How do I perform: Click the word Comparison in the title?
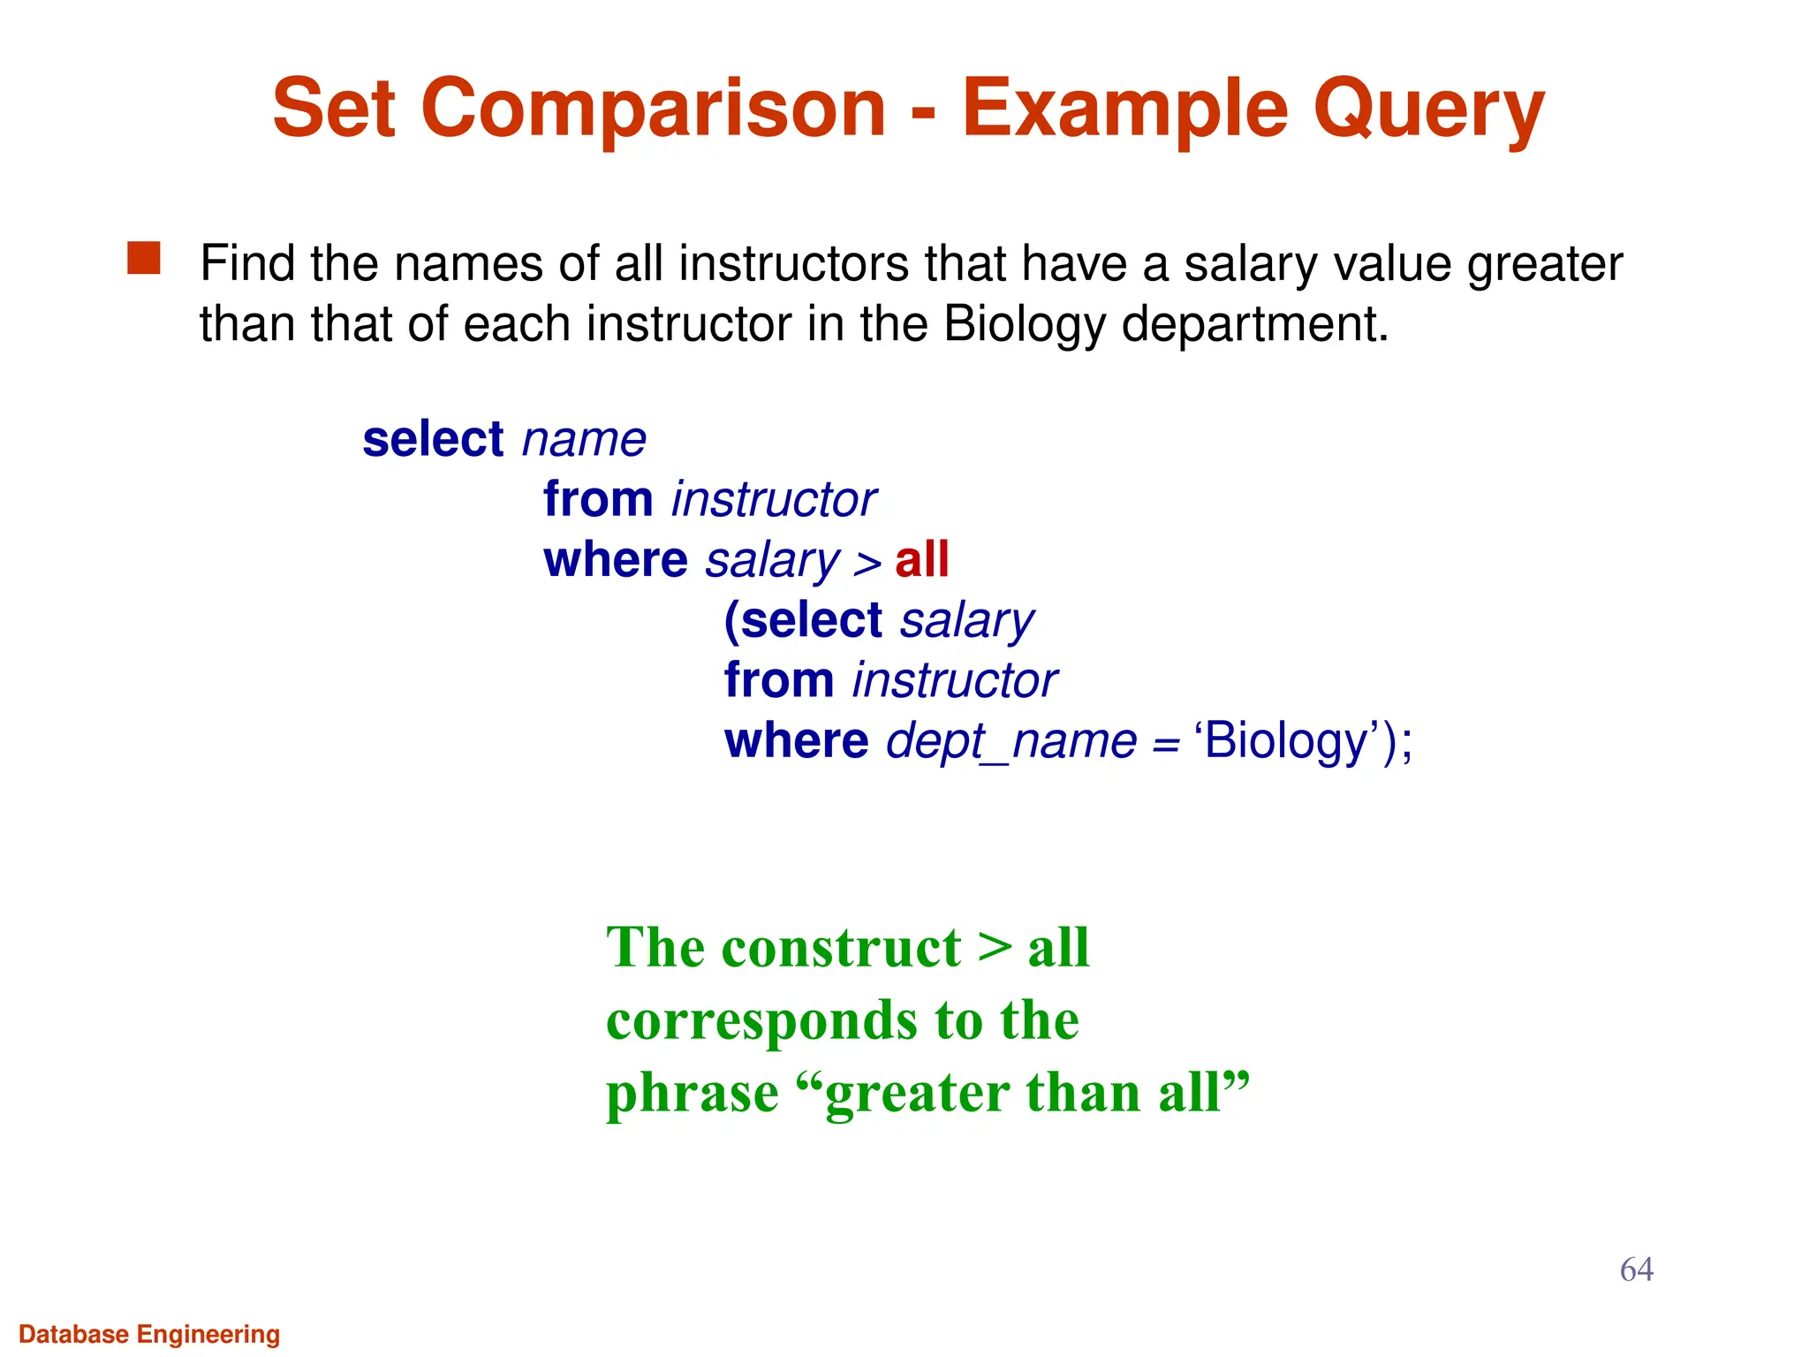pos(653,110)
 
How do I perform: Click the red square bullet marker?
pos(144,259)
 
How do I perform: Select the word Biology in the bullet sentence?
pos(1024,324)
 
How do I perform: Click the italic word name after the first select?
pos(584,439)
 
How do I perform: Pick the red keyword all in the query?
pos(921,560)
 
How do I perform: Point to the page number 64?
pos(1636,1270)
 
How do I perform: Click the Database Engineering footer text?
pos(149,1334)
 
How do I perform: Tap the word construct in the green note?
pos(841,948)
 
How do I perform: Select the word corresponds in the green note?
pos(762,1021)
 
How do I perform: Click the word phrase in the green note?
pos(692,1093)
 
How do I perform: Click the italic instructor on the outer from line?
pos(773,500)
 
